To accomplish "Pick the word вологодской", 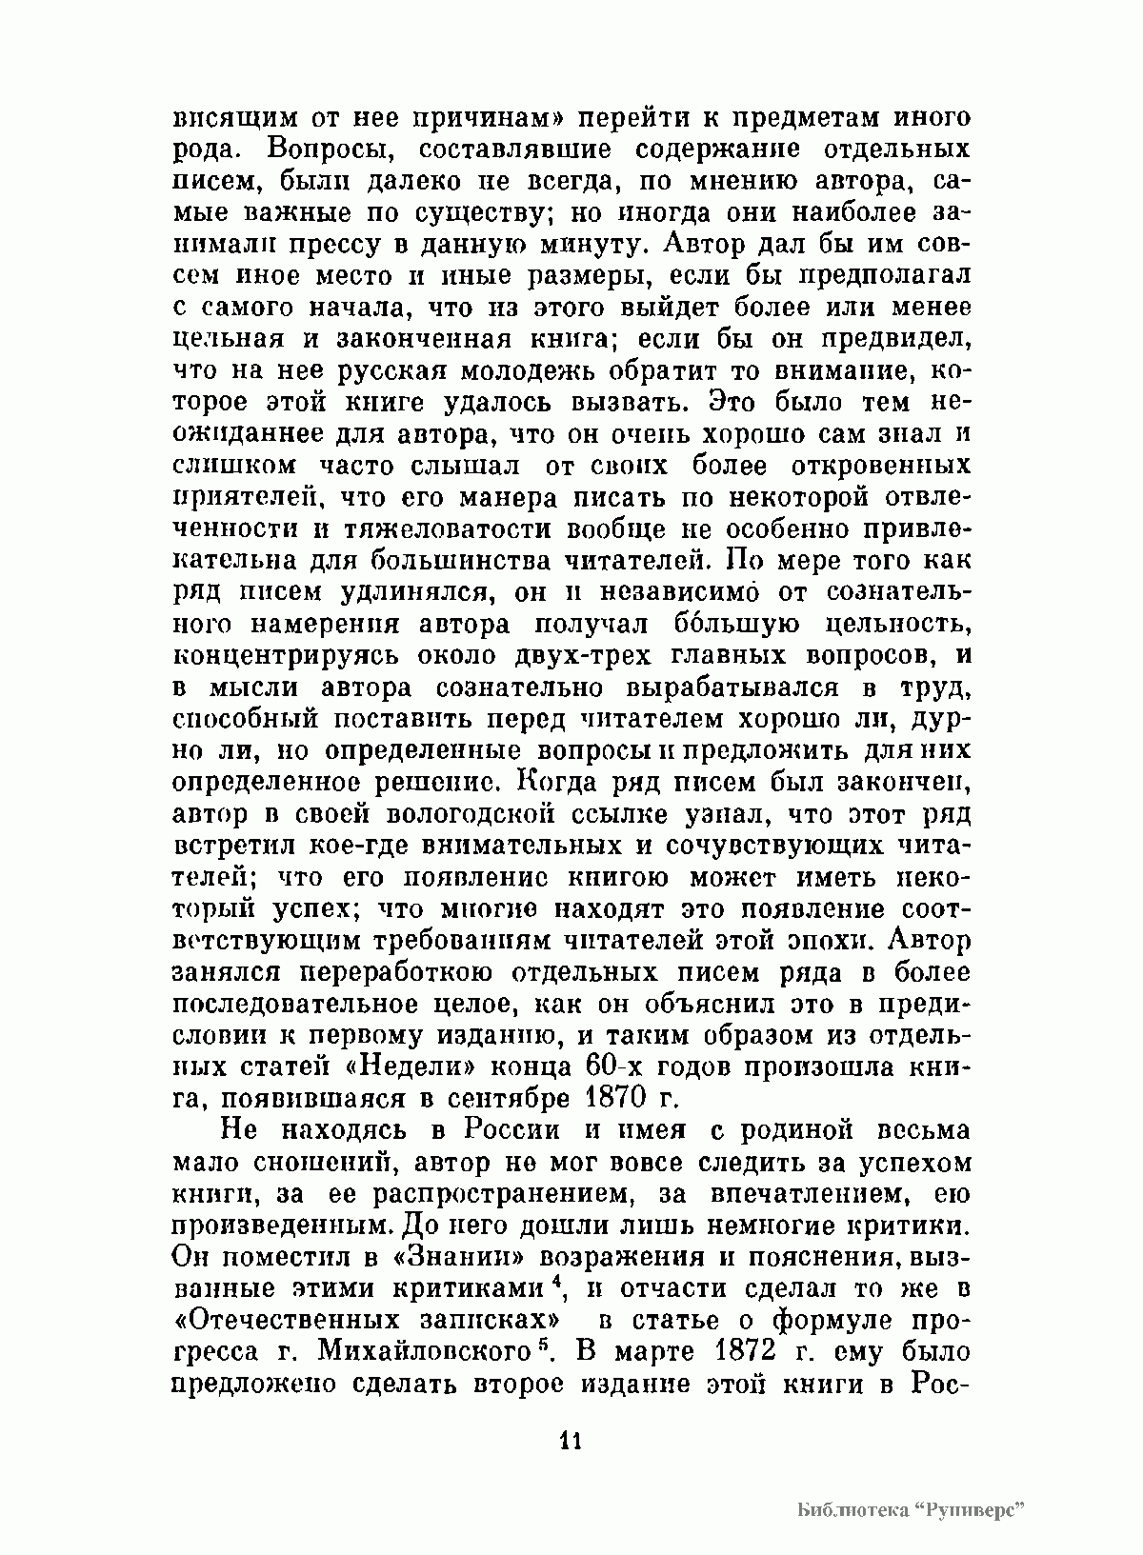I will click(x=471, y=814).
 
